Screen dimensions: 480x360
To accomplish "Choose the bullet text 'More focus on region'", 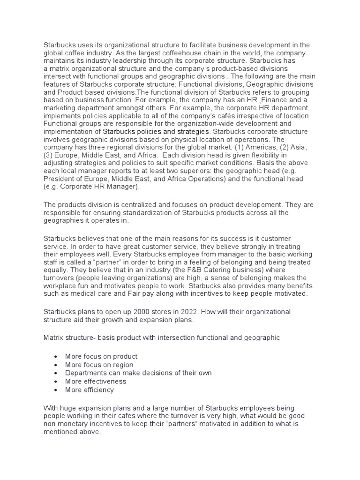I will (99, 365).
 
